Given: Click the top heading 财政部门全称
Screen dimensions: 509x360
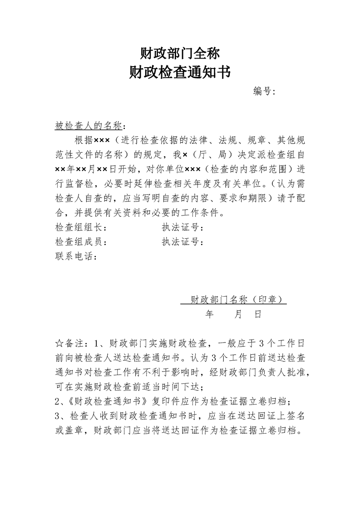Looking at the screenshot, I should tap(180, 54).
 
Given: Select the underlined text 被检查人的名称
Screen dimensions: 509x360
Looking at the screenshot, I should tap(89, 125).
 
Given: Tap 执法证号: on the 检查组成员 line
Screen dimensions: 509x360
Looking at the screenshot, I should tap(182, 242).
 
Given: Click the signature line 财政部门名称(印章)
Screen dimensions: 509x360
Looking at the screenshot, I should tap(233, 299).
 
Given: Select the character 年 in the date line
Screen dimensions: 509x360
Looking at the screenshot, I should tap(209, 314).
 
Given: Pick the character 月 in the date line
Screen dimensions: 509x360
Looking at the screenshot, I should tap(238, 314).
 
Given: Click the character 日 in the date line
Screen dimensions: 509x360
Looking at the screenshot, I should tap(258, 314).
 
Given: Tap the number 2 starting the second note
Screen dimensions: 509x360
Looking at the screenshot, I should tap(57, 401).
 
